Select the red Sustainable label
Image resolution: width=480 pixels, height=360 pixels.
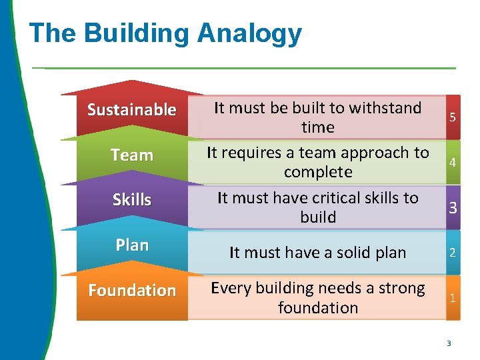pos(132,109)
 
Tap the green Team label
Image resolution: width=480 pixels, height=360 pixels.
pos(132,155)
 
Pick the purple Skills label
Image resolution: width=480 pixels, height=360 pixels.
pos(132,200)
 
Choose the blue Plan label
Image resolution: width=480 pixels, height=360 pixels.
pos(132,245)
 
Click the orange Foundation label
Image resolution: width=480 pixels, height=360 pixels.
pos(132,291)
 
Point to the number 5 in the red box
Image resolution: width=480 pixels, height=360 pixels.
pos(453,117)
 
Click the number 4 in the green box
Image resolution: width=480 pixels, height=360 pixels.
pos(453,163)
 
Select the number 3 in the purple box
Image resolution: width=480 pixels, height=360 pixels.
pos(453,208)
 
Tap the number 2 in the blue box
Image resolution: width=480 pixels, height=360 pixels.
pos(453,253)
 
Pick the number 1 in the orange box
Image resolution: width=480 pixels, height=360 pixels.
pos(453,298)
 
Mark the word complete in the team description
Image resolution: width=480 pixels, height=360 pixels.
pos(318,172)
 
